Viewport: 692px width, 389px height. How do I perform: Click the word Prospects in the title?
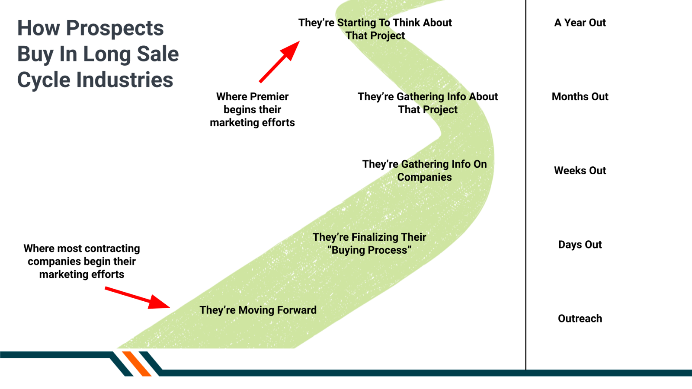point(115,29)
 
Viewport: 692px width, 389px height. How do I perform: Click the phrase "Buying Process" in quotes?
point(369,250)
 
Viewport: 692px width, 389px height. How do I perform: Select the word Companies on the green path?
point(424,177)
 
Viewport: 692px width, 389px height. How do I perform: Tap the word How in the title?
point(38,29)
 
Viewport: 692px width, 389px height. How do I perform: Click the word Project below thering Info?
point(440,110)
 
